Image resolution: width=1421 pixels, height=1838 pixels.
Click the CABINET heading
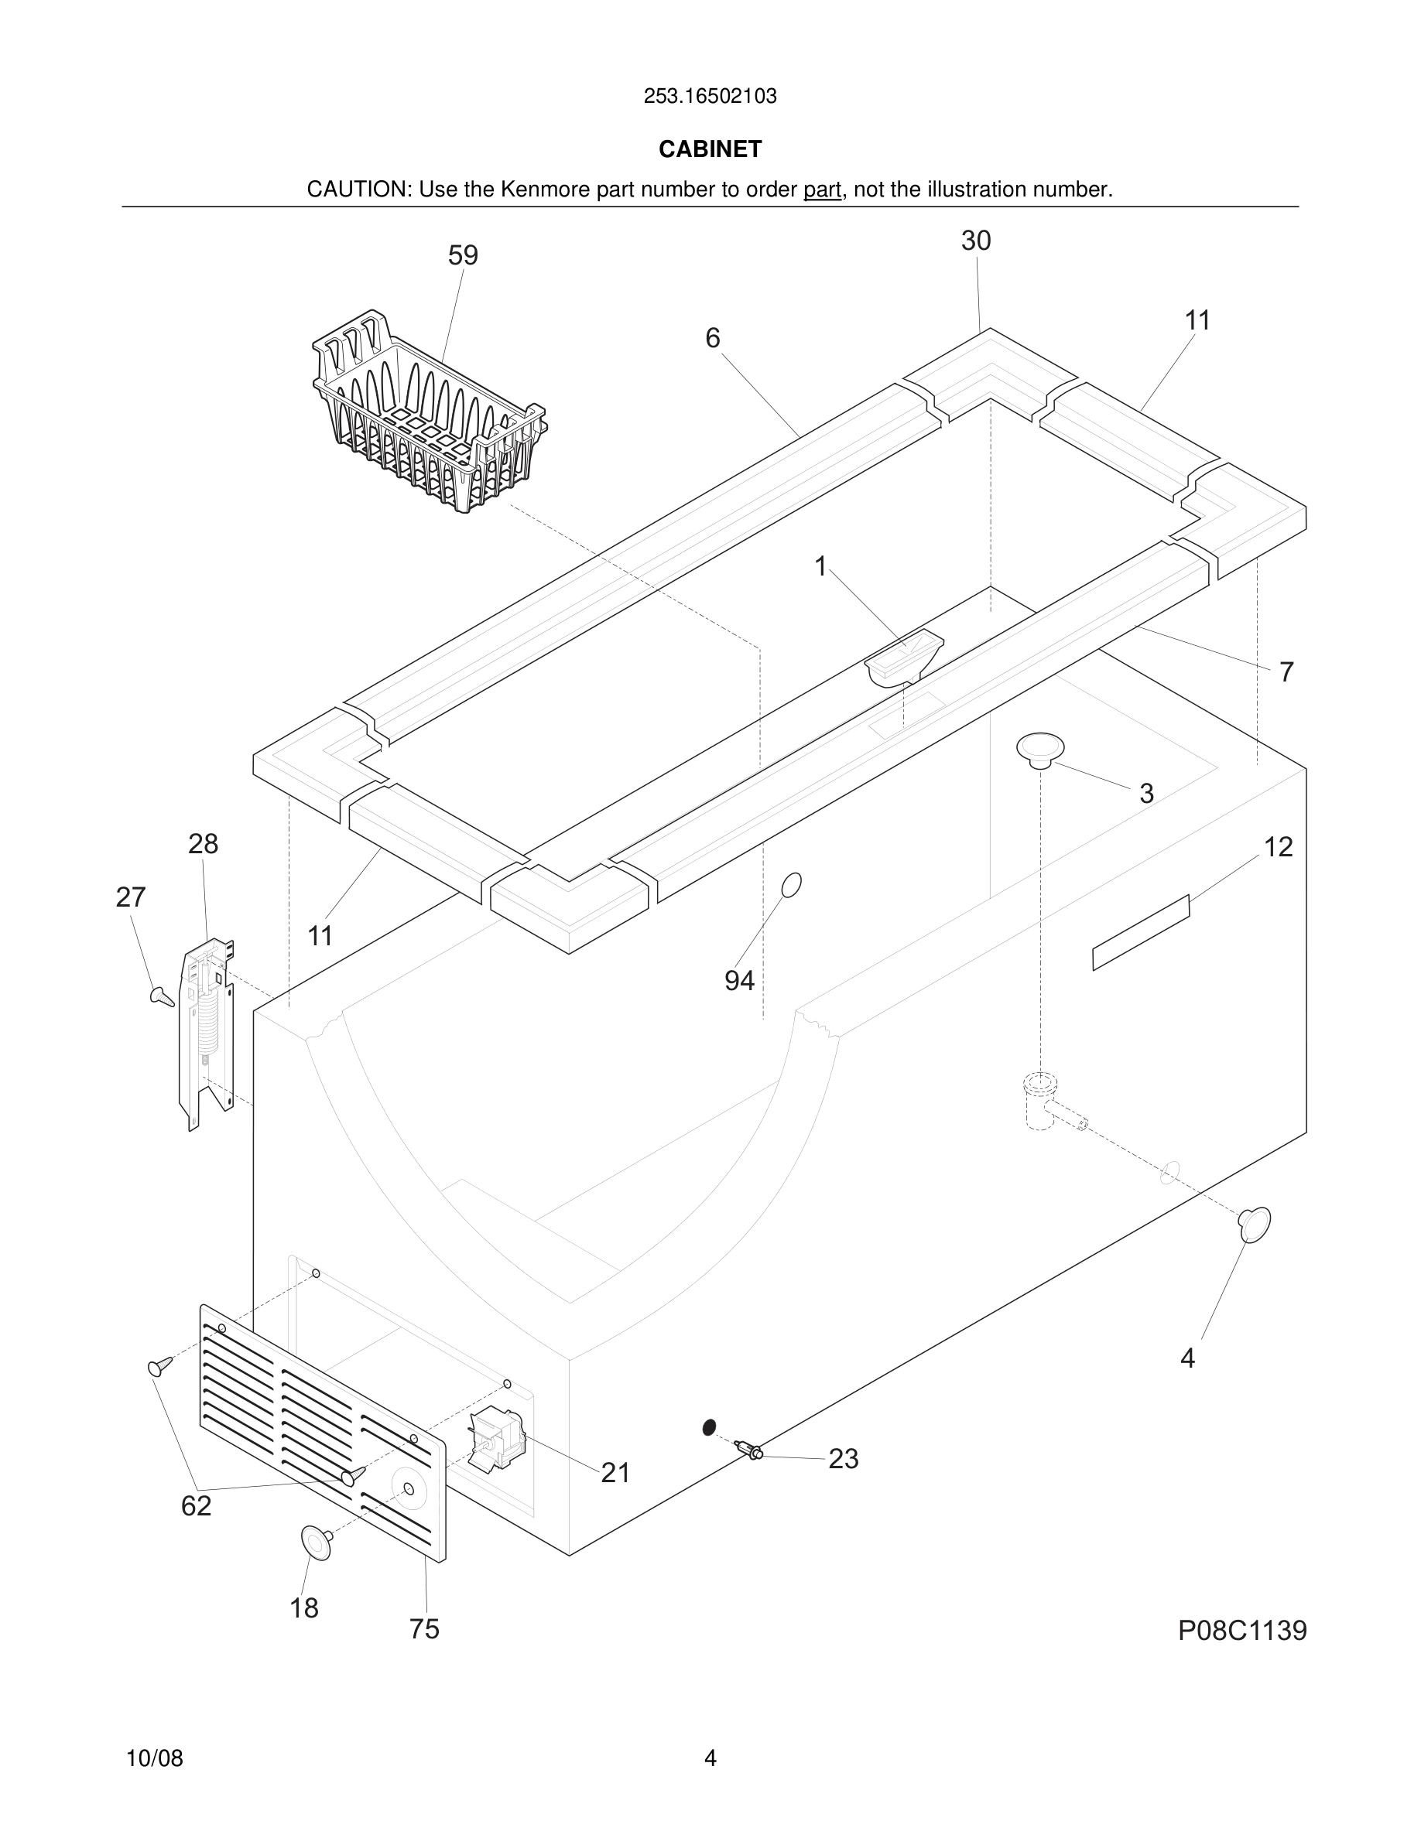point(710,149)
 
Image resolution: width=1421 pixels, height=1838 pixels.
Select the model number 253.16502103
point(710,96)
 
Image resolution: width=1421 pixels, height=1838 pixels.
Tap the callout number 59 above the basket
point(463,255)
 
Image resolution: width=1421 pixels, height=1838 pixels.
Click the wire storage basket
point(430,417)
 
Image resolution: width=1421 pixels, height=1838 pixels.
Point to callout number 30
point(976,241)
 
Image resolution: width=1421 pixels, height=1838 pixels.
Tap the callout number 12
point(1278,846)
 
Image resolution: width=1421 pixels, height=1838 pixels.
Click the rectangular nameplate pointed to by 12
point(1141,932)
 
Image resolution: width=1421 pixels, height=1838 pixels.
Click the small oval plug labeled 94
point(791,884)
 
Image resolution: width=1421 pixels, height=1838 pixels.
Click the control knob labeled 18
point(316,1542)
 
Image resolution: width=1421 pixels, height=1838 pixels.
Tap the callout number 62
point(196,1505)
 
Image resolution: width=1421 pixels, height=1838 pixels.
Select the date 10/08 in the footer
point(154,1758)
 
